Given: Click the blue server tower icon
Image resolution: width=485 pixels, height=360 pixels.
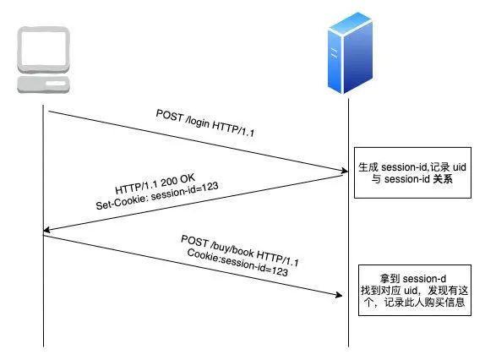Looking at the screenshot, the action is pyautogui.click(x=350, y=52).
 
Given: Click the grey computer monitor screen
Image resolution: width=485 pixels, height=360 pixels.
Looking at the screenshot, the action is pyautogui.click(x=44, y=49).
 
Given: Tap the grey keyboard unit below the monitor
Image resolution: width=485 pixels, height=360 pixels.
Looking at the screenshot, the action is pyautogui.click(x=44, y=85).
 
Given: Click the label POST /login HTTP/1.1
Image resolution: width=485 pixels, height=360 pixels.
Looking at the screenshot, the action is pyautogui.click(x=205, y=123).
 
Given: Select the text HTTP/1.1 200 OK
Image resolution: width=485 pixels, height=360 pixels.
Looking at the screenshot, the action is pyautogui.click(x=155, y=183).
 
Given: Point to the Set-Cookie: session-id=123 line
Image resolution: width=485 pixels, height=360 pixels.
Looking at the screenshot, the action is pyautogui.click(x=157, y=196).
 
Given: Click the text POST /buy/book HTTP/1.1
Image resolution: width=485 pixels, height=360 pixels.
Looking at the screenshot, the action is pyautogui.click(x=240, y=250).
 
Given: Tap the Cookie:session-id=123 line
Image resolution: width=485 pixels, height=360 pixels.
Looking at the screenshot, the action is pyautogui.click(x=237, y=262).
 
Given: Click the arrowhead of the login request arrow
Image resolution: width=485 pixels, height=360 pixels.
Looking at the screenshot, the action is pyautogui.click(x=344, y=171).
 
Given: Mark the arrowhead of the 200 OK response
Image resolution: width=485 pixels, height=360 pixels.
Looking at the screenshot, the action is pyautogui.click(x=47, y=230).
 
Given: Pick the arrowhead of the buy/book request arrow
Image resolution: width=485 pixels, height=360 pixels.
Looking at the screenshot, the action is pyautogui.click(x=339, y=295).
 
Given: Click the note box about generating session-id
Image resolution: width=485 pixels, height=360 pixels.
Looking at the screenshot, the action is pyautogui.click(x=412, y=172).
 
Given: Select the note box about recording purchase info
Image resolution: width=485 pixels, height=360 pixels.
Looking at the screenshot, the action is pyautogui.click(x=415, y=290).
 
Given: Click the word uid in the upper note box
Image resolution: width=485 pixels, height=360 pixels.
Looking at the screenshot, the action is pyautogui.click(x=460, y=167).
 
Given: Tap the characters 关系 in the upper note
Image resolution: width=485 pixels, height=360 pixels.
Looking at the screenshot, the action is pyautogui.click(x=442, y=179).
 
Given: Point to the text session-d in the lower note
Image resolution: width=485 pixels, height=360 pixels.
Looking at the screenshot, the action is pyautogui.click(x=425, y=279).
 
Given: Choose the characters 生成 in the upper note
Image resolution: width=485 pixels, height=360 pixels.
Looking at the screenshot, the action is pyautogui.click(x=368, y=167).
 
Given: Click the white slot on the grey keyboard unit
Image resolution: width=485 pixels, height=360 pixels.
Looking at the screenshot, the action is pyautogui.click(x=56, y=84).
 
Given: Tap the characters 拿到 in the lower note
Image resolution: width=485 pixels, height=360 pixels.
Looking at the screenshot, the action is pyautogui.click(x=390, y=279).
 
